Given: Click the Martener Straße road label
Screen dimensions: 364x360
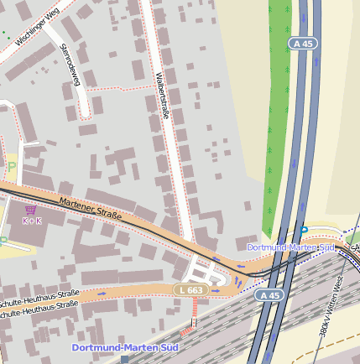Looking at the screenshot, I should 91,209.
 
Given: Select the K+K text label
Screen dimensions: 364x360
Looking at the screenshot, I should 31,221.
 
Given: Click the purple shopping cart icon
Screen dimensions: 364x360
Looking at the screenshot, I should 31,210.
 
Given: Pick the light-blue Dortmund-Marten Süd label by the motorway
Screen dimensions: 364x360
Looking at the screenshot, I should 290,247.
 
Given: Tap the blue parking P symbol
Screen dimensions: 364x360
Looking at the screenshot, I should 304,230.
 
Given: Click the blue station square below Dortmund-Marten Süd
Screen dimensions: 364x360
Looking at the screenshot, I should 125,359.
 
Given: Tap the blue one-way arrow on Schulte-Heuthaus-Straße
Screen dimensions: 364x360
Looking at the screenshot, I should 102,293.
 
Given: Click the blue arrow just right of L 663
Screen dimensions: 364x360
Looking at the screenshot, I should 217,290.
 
